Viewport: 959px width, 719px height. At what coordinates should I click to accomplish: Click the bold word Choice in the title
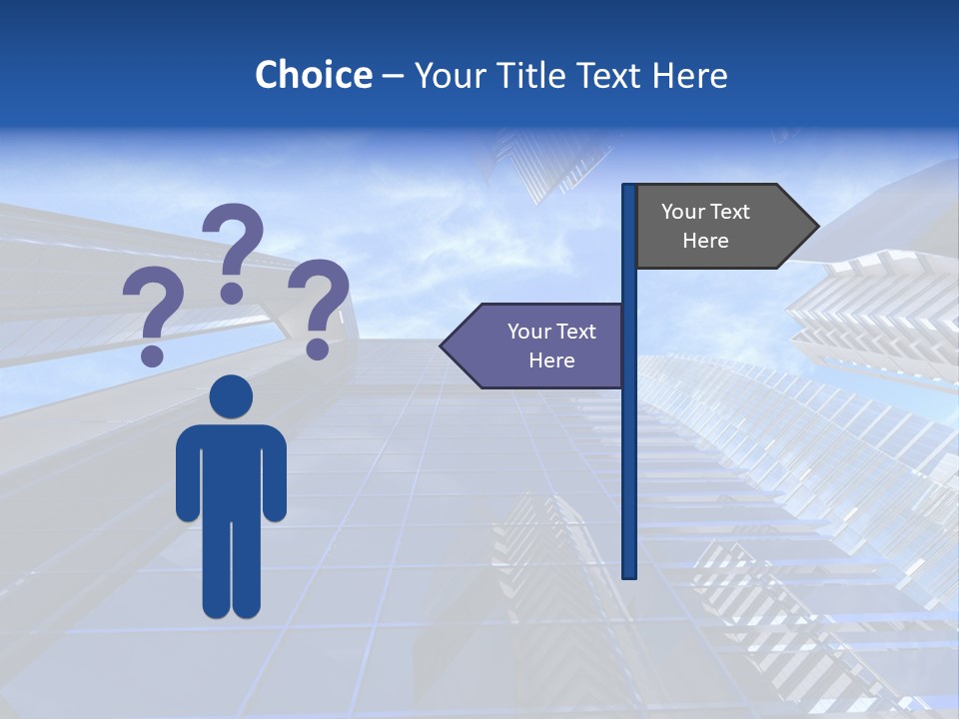[313, 75]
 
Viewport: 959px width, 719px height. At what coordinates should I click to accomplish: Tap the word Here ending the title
[689, 75]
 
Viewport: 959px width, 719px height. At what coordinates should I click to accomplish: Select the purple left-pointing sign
[539, 346]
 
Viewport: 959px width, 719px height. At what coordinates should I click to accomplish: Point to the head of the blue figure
[231, 397]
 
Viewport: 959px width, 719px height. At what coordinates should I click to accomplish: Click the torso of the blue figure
[231, 469]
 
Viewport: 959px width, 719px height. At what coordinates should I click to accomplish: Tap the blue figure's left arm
[187, 474]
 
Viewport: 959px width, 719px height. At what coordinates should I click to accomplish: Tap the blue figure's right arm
[275, 474]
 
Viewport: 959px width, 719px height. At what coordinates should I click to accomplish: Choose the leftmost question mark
[152, 310]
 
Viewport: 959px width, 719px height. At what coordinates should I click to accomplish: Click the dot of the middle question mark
[232, 293]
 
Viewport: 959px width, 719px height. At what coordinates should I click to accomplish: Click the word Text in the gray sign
[730, 212]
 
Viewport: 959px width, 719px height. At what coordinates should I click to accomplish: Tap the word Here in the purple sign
[551, 360]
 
